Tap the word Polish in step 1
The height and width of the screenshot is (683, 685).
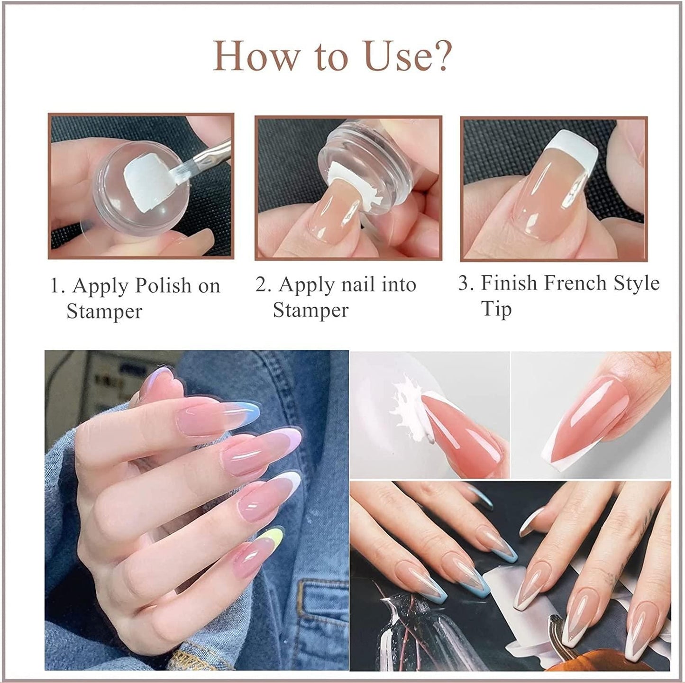click(x=163, y=286)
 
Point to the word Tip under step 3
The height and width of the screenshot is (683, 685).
click(x=496, y=309)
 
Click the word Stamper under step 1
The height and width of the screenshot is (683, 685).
click(x=104, y=312)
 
